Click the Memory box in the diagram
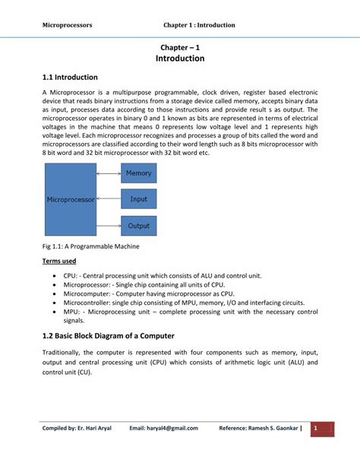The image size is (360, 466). click(x=139, y=173)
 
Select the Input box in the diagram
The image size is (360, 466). click(x=139, y=199)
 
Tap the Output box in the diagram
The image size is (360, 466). click(x=139, y=226)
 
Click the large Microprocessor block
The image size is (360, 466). click(x=70, y=199)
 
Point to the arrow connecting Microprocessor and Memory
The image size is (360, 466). click(x=109, y=173)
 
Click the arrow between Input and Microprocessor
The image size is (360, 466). click(x=109, y=199)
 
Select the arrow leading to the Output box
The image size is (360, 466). click(x=109, y=226)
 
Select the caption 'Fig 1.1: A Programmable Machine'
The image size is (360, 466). click(x=90, y=247)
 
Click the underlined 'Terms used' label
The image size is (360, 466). click(x=58, y=262)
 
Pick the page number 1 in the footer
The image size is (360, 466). click(x=316, y=428)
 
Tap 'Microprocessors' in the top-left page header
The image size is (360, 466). click(x=67, y=25)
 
